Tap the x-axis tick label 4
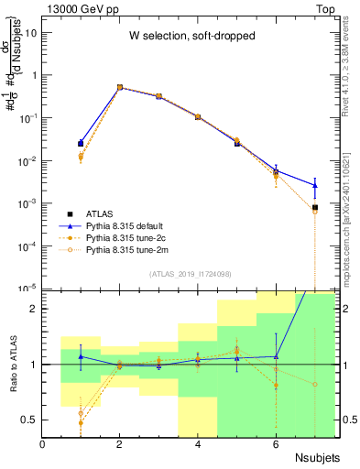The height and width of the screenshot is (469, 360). (x=198, y=444)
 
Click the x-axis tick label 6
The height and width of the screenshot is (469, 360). (x=276, y=444)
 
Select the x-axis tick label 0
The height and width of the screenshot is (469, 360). (x=43, y=444)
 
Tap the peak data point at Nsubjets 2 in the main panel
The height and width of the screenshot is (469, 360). (x=120, y=87)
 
